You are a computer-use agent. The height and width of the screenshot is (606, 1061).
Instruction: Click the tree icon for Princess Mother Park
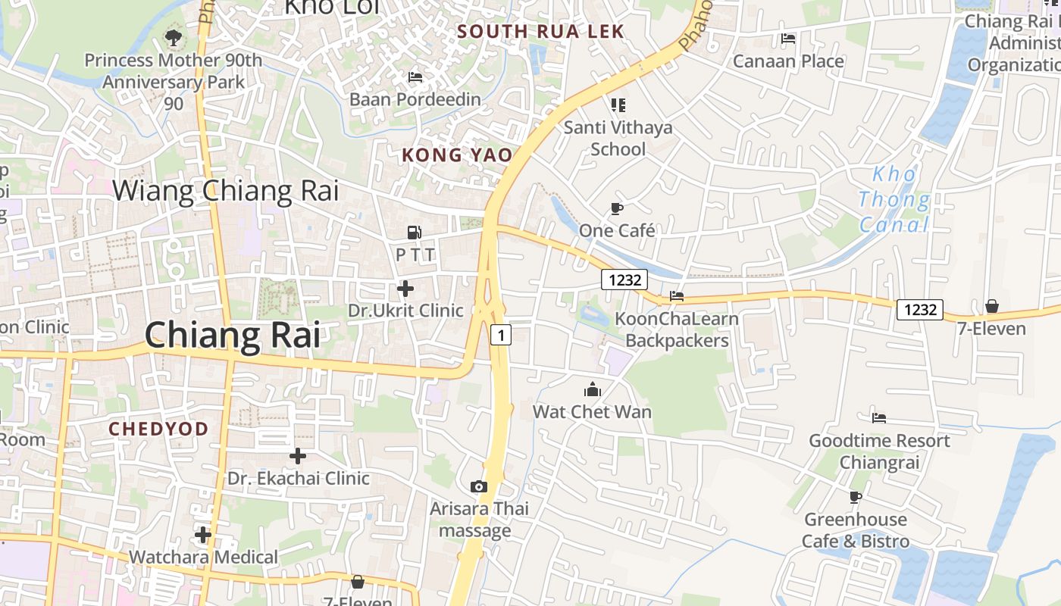(174, 36)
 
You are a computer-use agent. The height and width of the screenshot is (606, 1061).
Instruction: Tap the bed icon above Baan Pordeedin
(415, 77)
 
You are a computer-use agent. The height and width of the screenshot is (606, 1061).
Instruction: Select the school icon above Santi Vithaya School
(618, 105)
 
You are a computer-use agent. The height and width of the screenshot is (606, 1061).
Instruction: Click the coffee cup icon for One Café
(617, 208)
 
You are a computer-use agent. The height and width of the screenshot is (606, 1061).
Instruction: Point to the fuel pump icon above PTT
(415, 233)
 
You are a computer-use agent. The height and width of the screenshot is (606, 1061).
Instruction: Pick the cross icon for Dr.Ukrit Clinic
(405, 289)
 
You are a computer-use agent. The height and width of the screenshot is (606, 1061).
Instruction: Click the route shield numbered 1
(500, 334)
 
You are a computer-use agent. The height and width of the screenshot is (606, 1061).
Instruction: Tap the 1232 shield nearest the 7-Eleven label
(920, 309)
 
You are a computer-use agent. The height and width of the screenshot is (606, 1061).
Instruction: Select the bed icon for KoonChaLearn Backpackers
(677, 296)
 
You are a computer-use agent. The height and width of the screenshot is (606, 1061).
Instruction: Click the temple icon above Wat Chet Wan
(592, 390)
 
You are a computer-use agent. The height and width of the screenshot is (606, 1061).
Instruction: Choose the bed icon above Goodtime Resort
(879, 417)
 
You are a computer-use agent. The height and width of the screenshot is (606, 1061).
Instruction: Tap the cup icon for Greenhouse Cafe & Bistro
(856, 497)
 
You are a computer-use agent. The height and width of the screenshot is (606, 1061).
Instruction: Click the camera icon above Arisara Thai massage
(478, 486)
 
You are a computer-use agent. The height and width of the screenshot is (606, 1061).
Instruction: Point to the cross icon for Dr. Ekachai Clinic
(298, 456)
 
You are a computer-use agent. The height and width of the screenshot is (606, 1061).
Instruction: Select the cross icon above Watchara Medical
(202, 535)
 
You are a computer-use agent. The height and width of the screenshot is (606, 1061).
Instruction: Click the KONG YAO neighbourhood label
(456, 155)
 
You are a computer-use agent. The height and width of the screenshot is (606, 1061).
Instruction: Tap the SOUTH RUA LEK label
(541, 31)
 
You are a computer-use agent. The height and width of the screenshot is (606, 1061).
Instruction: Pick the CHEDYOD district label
(158, 430)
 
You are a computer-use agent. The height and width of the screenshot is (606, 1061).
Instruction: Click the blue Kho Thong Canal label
(894, 199)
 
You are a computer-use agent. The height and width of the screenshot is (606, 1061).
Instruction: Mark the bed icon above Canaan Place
(788, 39)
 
